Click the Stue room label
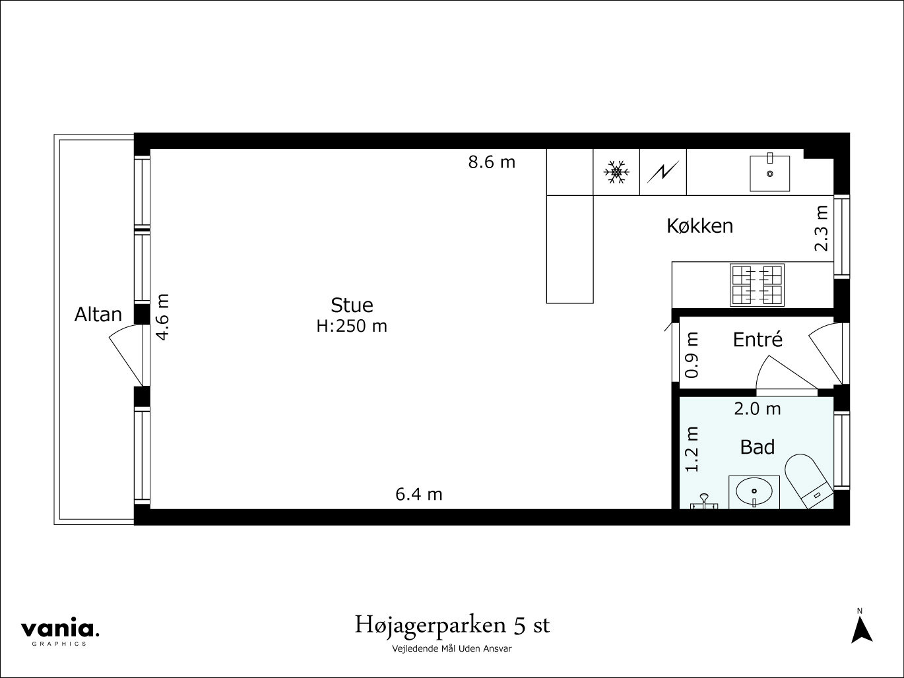coord(352,305)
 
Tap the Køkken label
coord(699,226)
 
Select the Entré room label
coord(758,340)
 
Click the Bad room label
coord(757,447)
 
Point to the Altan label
coord(98,315)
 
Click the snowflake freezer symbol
coord(616,172)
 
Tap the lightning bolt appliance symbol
coord(663,172)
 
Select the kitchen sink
coord(769,172)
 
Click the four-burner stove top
coord(756,284)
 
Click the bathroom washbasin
coord(754,492)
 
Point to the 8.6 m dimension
coord(492,162)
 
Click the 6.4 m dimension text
coord(418,494)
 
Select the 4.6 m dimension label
coord(162,317)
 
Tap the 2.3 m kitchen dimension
coord(821,228)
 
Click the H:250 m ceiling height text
coord(352,326)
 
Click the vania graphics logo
coord(59,631)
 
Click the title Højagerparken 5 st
coord(452,625)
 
